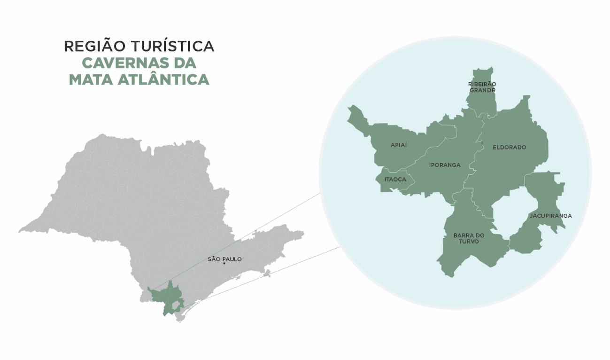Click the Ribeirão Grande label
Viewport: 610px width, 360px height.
(482, 87)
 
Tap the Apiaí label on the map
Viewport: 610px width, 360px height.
(399, 145)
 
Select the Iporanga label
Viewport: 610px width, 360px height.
(445, 165)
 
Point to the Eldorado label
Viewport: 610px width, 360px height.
(509, 147)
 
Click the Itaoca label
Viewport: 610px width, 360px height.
(395, 179)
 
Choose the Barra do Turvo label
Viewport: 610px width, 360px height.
(469, 238)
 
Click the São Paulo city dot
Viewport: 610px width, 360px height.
(224, 264)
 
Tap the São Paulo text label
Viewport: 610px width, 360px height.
(224, 259)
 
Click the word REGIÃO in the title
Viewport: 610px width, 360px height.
(94, 46)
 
